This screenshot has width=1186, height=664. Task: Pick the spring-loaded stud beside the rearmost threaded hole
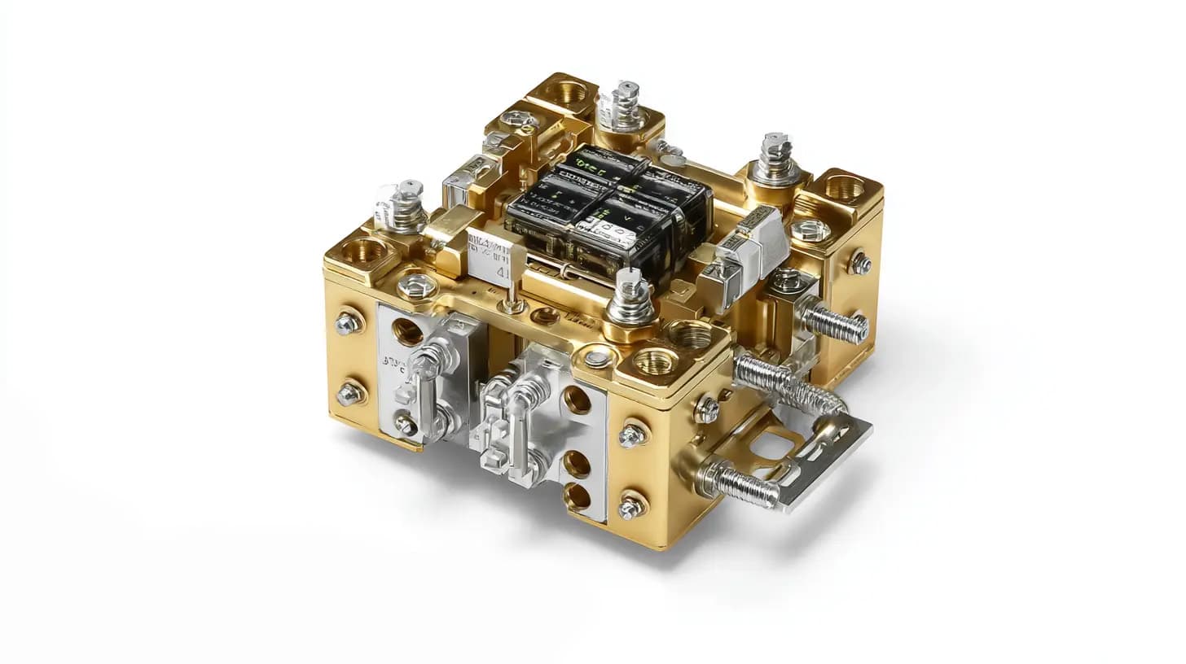tap(623, 105)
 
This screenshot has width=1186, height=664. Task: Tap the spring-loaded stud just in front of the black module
tap(632, 296)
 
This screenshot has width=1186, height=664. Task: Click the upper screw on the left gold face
tap(348, 323)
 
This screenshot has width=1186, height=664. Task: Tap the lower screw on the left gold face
tap(349, 394)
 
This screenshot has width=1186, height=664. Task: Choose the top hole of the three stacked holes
tap(577, 400)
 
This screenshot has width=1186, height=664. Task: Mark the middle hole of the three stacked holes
tap(577, 464)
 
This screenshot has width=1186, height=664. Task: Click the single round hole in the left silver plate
tap(407, 331)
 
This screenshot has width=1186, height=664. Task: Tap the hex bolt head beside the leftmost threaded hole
tap(416, 286)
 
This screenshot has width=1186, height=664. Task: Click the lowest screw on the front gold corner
tap(630, 508)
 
